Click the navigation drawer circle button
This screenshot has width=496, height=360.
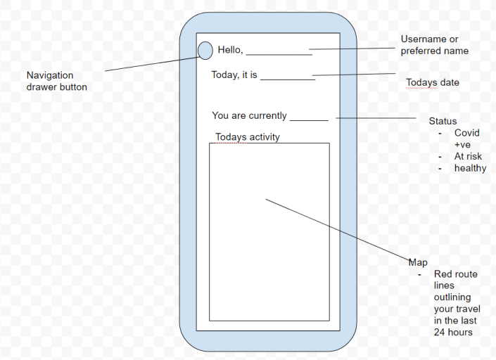click(x=205, y=51)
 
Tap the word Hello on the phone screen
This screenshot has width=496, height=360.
click(x=230, y=50)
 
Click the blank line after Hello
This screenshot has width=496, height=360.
click(x=279, y=53)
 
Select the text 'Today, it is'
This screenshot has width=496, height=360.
click(x=234, y=75)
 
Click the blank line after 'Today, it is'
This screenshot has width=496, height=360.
click(x=288, y=79)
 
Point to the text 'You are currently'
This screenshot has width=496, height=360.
click(x=249, y=116)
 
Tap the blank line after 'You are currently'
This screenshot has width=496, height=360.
click(x=309, y=120)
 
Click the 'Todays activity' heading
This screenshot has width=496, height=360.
click(x=248, y=137)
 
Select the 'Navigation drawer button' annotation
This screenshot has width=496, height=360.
click(x=57, y=81)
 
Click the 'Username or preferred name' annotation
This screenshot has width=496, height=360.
click(x=434, y=45)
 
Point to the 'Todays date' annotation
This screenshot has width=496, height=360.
click(x=433, y=83)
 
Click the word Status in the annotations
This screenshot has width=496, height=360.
click(x=443, y=122)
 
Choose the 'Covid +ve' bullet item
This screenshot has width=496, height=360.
click(x=467, y=139)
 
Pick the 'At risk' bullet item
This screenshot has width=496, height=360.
click(x=468, y=156)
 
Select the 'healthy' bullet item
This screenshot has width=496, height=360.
click(x=470, y=168)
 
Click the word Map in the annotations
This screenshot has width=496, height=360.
click(x=418, y=263)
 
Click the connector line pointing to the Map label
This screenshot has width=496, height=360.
click(x=338, y=230)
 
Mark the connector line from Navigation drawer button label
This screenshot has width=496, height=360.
click(x=151, y=63)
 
